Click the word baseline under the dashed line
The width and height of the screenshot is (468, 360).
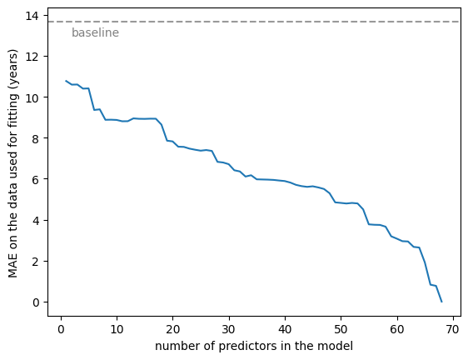click(x=95, y=32)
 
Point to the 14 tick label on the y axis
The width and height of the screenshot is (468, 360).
click(x=32, y=16)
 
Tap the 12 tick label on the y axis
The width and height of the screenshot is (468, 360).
click(x=32, y=57)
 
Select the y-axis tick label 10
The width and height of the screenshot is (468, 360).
click(x=32, y=97)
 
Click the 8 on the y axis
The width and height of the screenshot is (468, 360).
click(x=36, y=138)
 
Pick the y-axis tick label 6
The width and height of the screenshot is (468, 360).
click(x=36, y=179)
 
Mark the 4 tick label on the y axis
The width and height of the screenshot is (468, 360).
click(x=36, y=221)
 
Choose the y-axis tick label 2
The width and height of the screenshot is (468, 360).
click(x=36, y=262)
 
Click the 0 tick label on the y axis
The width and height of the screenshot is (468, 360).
click(x=36, y=302)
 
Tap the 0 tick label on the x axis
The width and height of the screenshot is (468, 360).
click(x=61, y=329)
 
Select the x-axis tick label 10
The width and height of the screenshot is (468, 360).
click(x=117, y=329)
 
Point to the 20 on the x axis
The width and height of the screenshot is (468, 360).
click(x=173, y=329)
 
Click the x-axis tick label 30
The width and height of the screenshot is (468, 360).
click(x=229, y=329)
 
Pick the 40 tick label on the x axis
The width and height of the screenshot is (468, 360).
click(x=285, y=329)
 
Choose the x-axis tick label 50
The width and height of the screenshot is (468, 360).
click(x=341, y=329)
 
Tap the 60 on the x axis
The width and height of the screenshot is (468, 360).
click(x=396, y=329)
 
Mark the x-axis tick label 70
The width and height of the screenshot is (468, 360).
click(x=452, y=329)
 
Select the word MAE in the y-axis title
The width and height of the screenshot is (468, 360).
click(x=12, y=267)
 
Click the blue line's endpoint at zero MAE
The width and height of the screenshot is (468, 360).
click(x=441, y=302)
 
